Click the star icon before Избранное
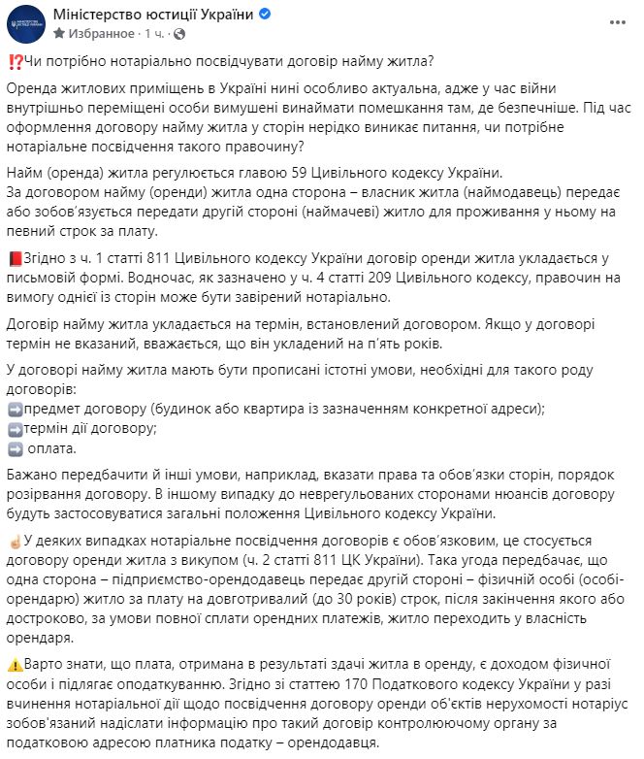click(x=59, y=34)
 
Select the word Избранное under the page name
click(x=102, y=34)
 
